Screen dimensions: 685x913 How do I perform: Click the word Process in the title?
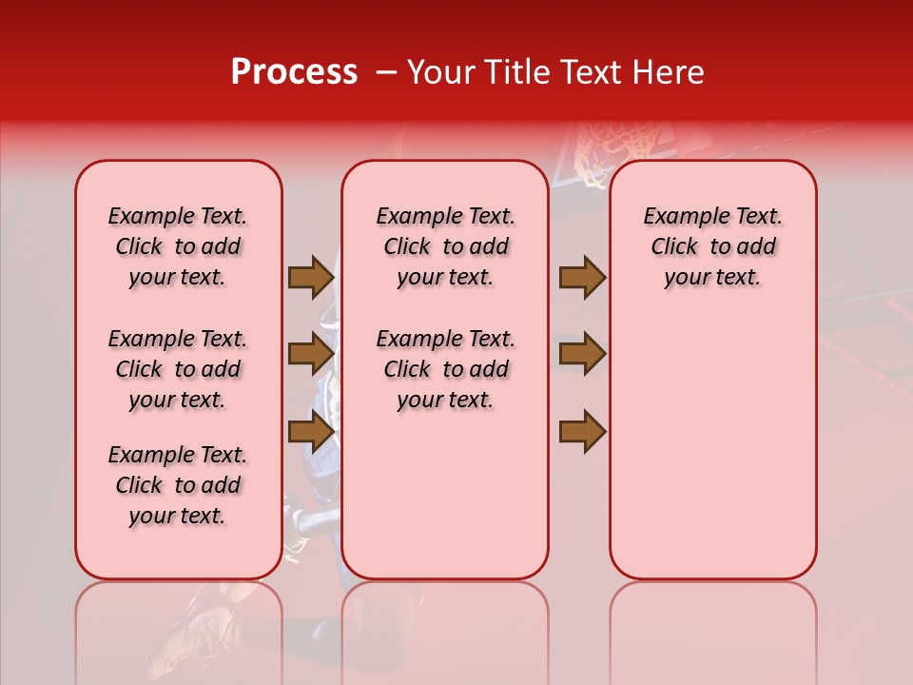tap(294, 72)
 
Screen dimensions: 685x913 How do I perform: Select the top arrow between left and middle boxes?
tap(310, 277)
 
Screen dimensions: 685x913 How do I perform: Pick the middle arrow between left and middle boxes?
tap(310, 354)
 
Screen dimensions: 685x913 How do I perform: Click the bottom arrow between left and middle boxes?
tap(310, 431)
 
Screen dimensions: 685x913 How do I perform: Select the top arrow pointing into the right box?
tap(582, 277)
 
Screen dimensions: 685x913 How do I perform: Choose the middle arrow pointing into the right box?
tap(582, 354)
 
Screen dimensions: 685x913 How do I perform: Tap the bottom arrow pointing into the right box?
tap(582, 431)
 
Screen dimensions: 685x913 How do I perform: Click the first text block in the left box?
tap(178, 246)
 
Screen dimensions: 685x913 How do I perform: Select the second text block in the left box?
tap(178, 369)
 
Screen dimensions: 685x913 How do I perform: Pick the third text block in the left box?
tap(178, 485)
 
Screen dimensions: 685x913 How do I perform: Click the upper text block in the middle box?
tap(445, 246)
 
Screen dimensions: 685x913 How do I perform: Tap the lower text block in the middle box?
tap(445, 369)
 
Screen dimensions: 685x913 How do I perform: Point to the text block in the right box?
tap(712, 246)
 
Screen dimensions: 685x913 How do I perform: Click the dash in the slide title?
tap(385, 72)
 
